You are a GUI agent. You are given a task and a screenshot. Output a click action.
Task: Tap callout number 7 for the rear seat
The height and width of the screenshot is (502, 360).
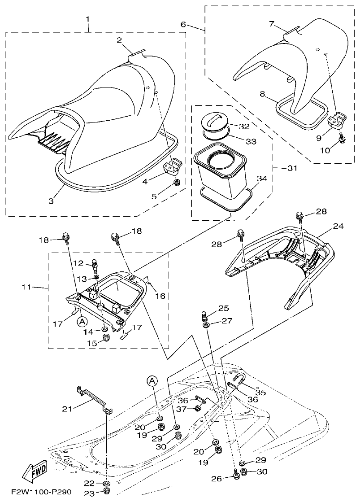[272, 23]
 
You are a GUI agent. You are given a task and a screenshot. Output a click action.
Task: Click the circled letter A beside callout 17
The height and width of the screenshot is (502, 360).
[82, 321]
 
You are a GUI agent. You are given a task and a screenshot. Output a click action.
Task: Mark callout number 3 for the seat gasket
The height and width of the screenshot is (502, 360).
[51, 201]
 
